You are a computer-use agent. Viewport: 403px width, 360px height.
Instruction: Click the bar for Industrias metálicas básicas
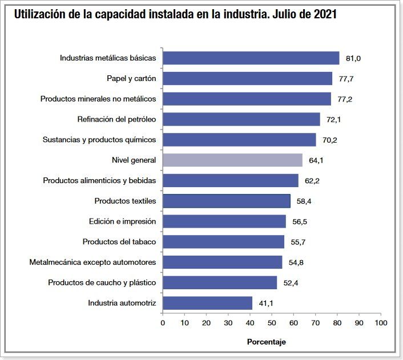click(x=251, y=58)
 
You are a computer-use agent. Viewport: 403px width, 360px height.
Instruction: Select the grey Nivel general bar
click(x=232, y=160)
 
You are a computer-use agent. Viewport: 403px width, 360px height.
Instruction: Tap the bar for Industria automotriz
click(x=207, y=303)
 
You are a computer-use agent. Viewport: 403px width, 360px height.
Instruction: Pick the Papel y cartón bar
click(x=247, y=79)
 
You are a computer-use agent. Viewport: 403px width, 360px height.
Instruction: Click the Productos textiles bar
click(x=226, y=201)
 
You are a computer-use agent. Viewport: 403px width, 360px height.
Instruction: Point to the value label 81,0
click(x=353, y=58)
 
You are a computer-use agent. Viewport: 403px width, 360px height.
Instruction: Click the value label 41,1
click(x=266, y=304)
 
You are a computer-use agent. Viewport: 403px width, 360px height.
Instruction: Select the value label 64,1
click(x=316, y=161)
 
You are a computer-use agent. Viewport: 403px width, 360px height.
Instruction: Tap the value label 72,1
click(x=334, y=120)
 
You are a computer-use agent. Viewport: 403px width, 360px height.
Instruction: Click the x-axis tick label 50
click(x=272, y=323)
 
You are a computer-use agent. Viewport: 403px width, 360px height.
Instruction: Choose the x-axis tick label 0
click(x=163, y=323)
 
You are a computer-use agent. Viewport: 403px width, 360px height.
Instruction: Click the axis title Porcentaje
click(x=266, y=342)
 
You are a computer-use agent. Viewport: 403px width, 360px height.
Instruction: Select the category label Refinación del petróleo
click(x=116, y=119)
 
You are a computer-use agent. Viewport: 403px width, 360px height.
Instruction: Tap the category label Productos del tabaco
click(x=119, y=242)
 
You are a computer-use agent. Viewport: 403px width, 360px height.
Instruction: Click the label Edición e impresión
click(x=122, y=221)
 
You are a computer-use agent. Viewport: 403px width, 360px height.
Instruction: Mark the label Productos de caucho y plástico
click(x=102, y=283)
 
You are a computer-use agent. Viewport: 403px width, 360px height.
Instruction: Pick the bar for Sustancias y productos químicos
click(x=239, y=140)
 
